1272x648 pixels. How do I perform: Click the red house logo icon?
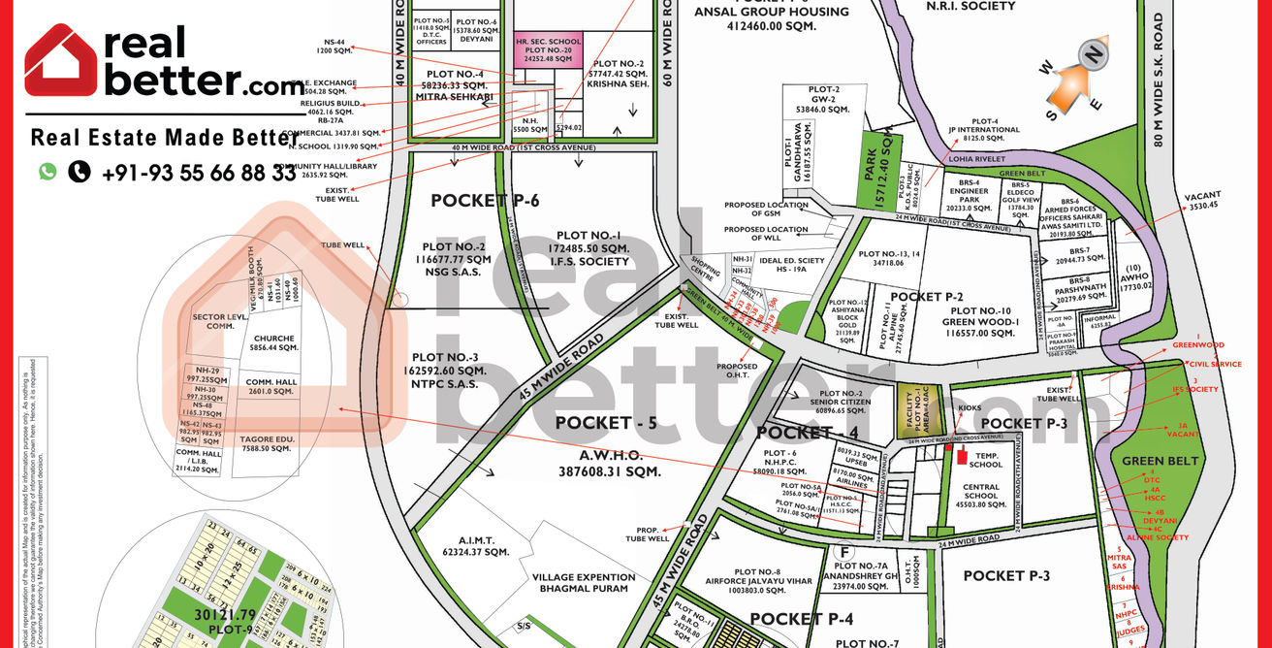pos(60,60)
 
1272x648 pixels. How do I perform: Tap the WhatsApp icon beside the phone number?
pos(48,172)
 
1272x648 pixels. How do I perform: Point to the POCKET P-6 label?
pos(485,201)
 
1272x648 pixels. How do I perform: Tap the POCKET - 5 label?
pos(607,423)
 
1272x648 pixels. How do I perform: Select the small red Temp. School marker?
pos(962,457)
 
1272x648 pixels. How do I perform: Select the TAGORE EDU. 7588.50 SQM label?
pos(267,443)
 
